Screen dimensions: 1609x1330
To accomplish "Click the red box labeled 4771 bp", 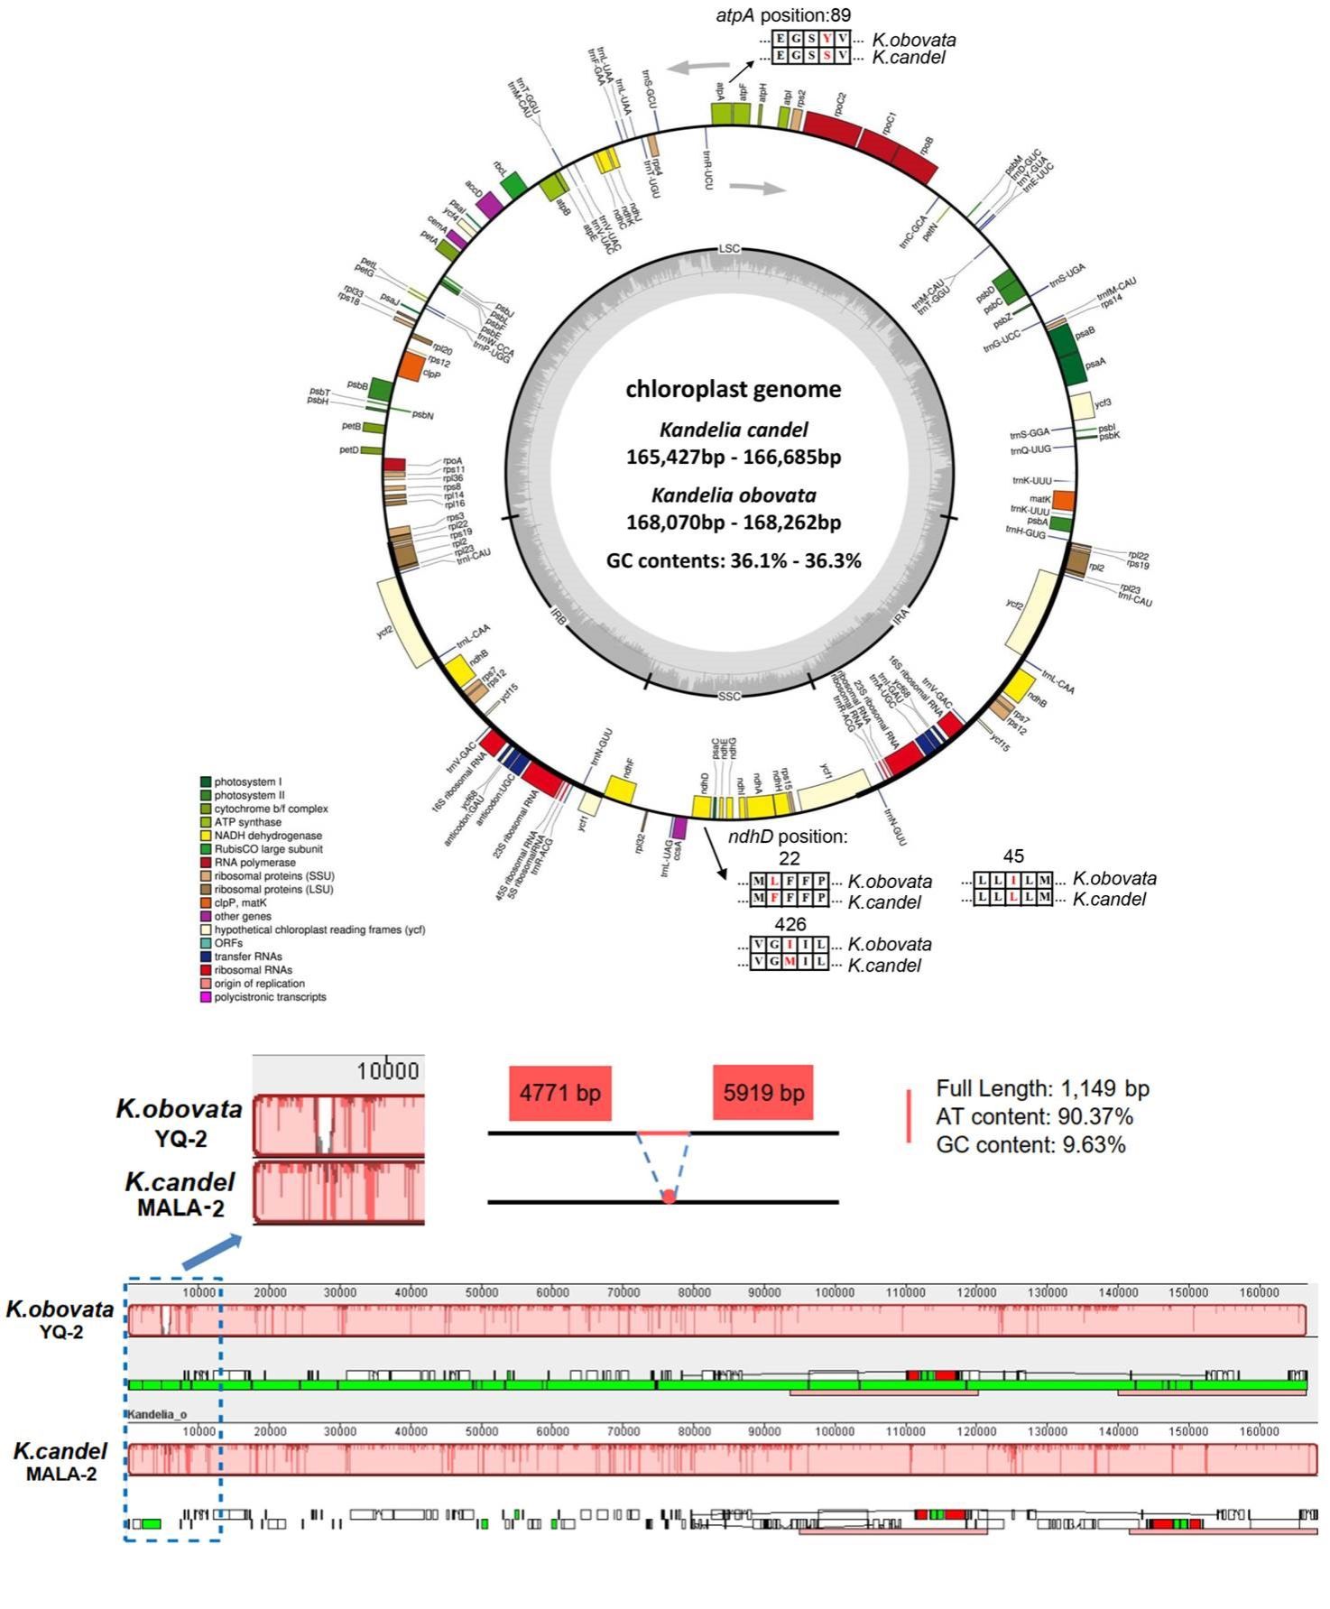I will pyautogui.click(x=559, y=1093).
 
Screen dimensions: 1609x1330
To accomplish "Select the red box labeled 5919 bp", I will pyautogui.click(x=762, y=1093).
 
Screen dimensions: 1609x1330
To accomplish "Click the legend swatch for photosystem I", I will pyautogui.click(x=206, y=781).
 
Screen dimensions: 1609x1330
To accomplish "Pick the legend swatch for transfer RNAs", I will pyautogui.click(x=206, y=957).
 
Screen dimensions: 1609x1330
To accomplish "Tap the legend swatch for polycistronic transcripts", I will pyautogui.click(x=206, y=997).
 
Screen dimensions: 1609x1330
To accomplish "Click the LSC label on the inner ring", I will pyautogui.click(x=729, y=248).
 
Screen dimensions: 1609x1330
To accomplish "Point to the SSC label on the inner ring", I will pyautogui.click(x=729, y=696).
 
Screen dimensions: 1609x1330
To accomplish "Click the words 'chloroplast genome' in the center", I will pyautogui.click(x=733, y=389).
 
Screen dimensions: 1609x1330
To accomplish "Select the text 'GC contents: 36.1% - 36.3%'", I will pyautogui.click(x=733, y=560).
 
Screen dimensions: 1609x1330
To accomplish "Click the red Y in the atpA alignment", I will pyautogui.click(x=827, y=39).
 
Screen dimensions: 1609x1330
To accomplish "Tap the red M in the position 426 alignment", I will pyautogui.click(x=790, y=962).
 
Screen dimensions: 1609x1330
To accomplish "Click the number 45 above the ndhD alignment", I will pyautogui.click(x=1013, y=855).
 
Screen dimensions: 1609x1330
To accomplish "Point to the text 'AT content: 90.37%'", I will pyautogui.click(x=1034, y=1116).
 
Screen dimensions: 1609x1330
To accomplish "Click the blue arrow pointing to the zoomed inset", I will pyautogui.click(x=213, y=1253).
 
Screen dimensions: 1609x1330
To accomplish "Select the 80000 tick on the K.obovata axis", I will pyautogui.click(x=694, y=1292).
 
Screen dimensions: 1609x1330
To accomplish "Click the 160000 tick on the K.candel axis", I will pyautogui.click(x=1259, y=1431).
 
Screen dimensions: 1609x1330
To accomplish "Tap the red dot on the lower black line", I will pyautogui.click(x=669, y=1197).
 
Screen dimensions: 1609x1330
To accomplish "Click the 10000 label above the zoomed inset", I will pyautogui.click(x=388, y=1071).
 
